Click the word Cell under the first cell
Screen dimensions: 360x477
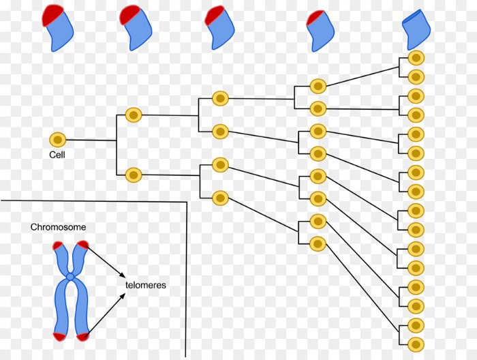click(57, 155)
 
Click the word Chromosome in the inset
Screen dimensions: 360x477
click(59, 227)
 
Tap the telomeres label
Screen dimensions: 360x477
click(146, 285)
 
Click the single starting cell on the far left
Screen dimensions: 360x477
click(58, 140)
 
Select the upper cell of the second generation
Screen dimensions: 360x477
click(134, 115)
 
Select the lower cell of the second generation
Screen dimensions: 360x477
click(134, 175)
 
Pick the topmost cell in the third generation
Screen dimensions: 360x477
click(219, 99)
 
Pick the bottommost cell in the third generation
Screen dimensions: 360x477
click(219, 198)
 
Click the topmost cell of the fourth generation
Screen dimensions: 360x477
click(318, 86)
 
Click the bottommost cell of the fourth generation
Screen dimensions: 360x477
click(318, 243)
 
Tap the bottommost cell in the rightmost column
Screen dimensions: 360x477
click(416, 342)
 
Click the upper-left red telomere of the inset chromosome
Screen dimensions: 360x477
click(57, 246)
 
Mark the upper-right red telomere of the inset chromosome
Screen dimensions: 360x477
click(82, 245)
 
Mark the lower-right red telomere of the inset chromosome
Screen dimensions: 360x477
click(83, 335)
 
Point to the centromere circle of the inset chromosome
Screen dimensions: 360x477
click(70, 277)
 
